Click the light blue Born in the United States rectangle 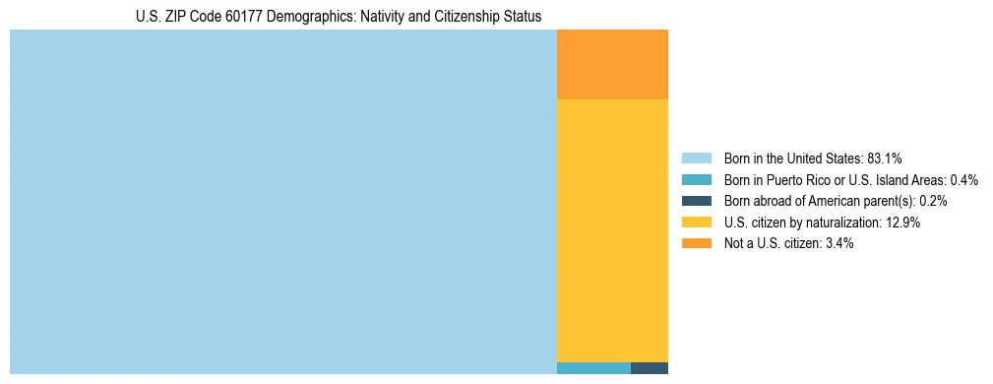[x=283, y=202]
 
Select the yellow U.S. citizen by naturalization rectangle [x=612, y=230]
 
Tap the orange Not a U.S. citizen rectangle [x=612, y=65]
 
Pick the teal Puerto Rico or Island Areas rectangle [x=593, y=368]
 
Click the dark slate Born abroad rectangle [x=649, y=368]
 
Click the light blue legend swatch [x=696, y=158]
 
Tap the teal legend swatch [x=696, y=179]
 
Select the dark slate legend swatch [x=696, y=201]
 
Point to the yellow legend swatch [x=696, y=223]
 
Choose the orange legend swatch [x=696, y=243]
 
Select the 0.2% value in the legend [x=933, y=201]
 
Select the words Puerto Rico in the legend [x=805, y=179]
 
